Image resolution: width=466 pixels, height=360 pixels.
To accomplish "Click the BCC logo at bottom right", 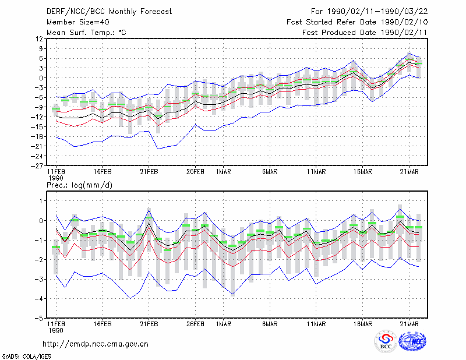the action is [x=386, y=341].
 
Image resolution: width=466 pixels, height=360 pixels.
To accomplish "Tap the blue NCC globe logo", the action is [x=412, y=341].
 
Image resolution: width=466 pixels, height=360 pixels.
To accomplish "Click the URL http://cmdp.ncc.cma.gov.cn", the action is [x=96, y=344].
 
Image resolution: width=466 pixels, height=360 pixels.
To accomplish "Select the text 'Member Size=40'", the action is [x=78, y=22].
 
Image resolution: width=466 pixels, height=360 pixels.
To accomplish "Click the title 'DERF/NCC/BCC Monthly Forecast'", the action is [x=109, y=12].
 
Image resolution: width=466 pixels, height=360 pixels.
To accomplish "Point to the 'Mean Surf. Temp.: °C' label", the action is [x=86, y=33].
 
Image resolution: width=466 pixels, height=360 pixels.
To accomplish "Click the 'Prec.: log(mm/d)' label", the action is [x=79, y=185].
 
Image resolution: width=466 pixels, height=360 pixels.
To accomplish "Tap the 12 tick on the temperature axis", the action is [x=39, y=38].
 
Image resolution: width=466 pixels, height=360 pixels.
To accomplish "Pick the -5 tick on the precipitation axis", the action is [x=39, y=318].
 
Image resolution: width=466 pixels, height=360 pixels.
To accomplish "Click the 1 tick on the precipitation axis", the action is [x=41, y=201].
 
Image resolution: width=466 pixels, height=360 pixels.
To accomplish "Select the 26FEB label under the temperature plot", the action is [x=195, y=172].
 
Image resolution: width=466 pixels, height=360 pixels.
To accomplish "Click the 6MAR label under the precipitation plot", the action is [x=270, y=324].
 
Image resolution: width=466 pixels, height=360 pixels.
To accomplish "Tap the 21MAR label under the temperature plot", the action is [x=409, y=172].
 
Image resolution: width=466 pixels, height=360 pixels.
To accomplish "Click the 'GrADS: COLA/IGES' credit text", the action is [x=26, y=357].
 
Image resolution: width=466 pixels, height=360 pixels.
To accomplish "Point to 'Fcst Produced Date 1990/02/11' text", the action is [x=365, y=33].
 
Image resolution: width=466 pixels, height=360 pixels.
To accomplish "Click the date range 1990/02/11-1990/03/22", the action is [x=377, y=12].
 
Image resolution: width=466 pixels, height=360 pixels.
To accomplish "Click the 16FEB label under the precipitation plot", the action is [x=103, y=324].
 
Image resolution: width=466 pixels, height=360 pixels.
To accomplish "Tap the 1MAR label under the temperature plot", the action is [x=224, y=172].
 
